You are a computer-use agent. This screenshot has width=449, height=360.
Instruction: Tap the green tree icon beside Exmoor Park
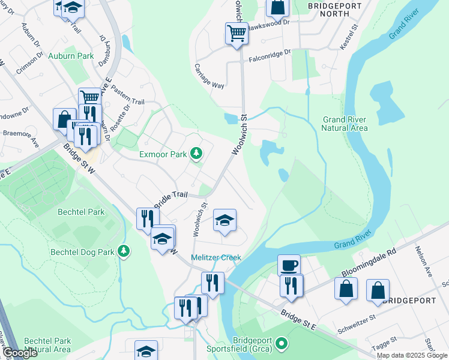196,154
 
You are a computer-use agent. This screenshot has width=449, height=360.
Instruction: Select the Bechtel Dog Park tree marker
124,250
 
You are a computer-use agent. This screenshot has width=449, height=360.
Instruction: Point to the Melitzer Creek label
215,258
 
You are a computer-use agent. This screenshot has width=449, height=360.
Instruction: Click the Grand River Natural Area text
345,124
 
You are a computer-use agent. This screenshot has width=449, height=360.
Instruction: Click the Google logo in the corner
20,353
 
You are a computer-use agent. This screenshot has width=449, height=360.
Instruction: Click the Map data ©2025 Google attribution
412,355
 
